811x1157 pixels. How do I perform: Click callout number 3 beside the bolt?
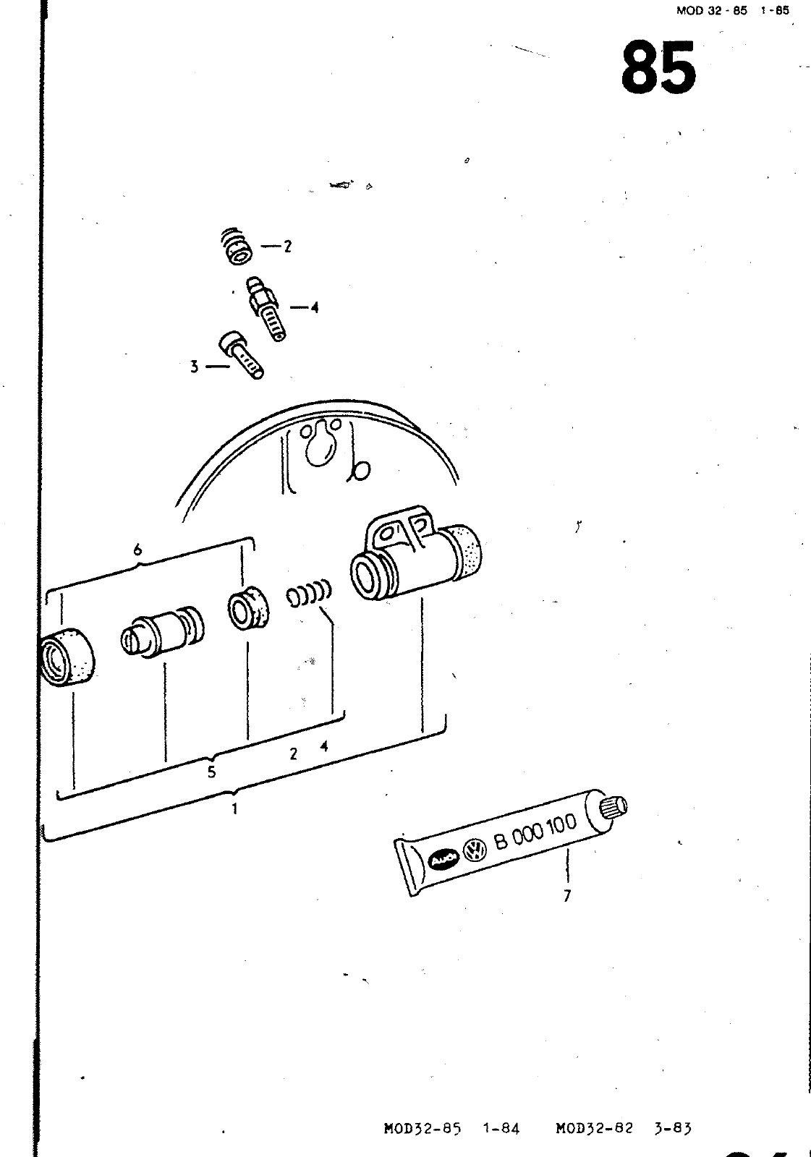click(194, 367)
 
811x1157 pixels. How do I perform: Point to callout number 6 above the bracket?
click(137, 550)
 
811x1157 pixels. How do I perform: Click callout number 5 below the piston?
click(211, 772)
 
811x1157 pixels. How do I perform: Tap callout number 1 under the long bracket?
click(234, 809)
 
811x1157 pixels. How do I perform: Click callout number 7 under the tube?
click(567, 896)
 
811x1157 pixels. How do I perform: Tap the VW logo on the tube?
click(475, 849)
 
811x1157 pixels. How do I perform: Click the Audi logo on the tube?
click(443, 858)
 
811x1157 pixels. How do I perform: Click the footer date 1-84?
click(501, 1127)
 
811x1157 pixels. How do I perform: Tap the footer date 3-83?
click(674, 1127)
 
